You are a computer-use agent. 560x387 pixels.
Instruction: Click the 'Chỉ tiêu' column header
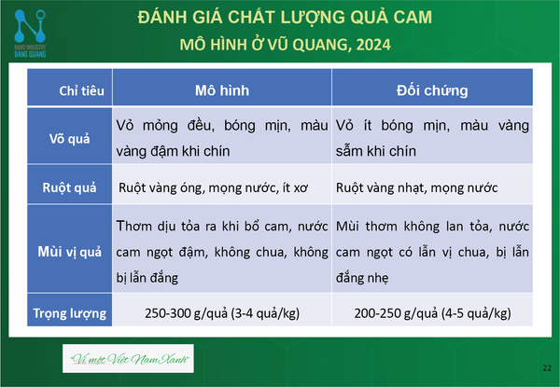tap(82, 90)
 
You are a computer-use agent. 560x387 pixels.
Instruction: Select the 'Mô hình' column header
tap(222, 90)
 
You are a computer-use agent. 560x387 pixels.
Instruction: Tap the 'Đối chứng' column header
tap(432, 90)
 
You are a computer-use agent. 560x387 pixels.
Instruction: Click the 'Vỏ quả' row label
tap(70, 138)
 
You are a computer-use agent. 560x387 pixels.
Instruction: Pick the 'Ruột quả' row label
tap(70, 187)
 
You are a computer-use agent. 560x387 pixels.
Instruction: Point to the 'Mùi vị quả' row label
tap(70, 252)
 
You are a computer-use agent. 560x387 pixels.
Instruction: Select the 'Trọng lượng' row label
tap(70, 313)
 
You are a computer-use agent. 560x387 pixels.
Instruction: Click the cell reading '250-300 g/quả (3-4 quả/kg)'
tap(222, 313)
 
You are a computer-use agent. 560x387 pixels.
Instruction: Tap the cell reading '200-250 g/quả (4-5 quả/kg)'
tap(432, 313)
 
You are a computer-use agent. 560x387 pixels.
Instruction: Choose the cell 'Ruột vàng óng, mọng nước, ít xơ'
tap(213, 187)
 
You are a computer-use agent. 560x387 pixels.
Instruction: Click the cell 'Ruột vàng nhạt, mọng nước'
tap(417, 187)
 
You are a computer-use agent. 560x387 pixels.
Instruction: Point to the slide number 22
tap(547, 368)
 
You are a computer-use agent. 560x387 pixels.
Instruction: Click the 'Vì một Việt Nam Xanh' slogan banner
tap(128, 358)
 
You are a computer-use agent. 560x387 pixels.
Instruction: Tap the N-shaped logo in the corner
tap(30, 26)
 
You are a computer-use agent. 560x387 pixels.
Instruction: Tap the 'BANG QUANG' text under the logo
tap(30, 54)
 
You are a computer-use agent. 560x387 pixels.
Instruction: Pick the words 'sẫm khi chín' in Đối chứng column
tap(376, 151)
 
